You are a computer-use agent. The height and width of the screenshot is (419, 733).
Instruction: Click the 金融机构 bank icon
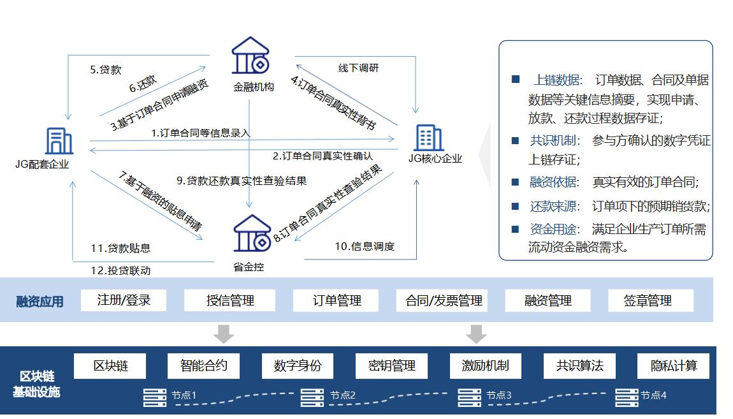(250, 55)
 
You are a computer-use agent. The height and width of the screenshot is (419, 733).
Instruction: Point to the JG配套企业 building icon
(59, 140)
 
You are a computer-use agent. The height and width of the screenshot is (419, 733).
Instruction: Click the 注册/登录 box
(124, 300)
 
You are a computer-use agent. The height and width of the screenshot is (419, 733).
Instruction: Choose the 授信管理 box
(229, 300)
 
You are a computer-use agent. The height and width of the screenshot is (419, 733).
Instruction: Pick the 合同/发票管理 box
(444, 300)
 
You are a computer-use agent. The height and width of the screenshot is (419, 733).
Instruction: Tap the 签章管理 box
(650, 300)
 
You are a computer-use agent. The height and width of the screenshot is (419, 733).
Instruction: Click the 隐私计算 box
(673, 366)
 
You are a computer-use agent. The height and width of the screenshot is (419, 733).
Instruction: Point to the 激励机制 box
(485, 366)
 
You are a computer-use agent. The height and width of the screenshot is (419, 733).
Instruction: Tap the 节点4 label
(653, 395)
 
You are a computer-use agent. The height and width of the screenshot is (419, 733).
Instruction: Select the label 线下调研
(358, 68)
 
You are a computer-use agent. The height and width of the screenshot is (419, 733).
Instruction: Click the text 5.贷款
(106, 70)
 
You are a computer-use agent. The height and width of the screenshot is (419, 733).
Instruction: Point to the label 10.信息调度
(365, 246)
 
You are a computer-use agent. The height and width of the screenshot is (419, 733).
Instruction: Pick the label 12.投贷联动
(120, 270)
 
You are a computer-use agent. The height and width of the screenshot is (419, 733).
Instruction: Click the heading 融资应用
(40, 302)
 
